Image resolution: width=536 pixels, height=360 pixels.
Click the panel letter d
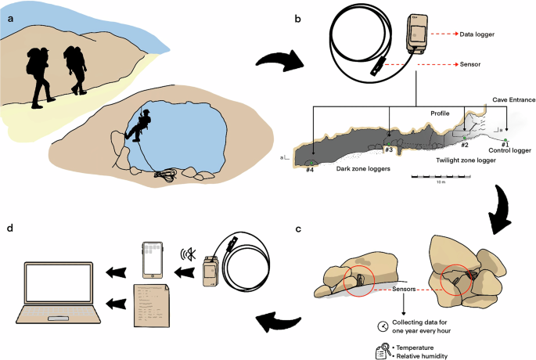tap(9, 228)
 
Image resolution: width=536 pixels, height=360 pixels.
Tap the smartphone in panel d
tap(151, 257)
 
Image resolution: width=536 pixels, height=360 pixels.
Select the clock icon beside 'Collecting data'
tap(383, 326)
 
